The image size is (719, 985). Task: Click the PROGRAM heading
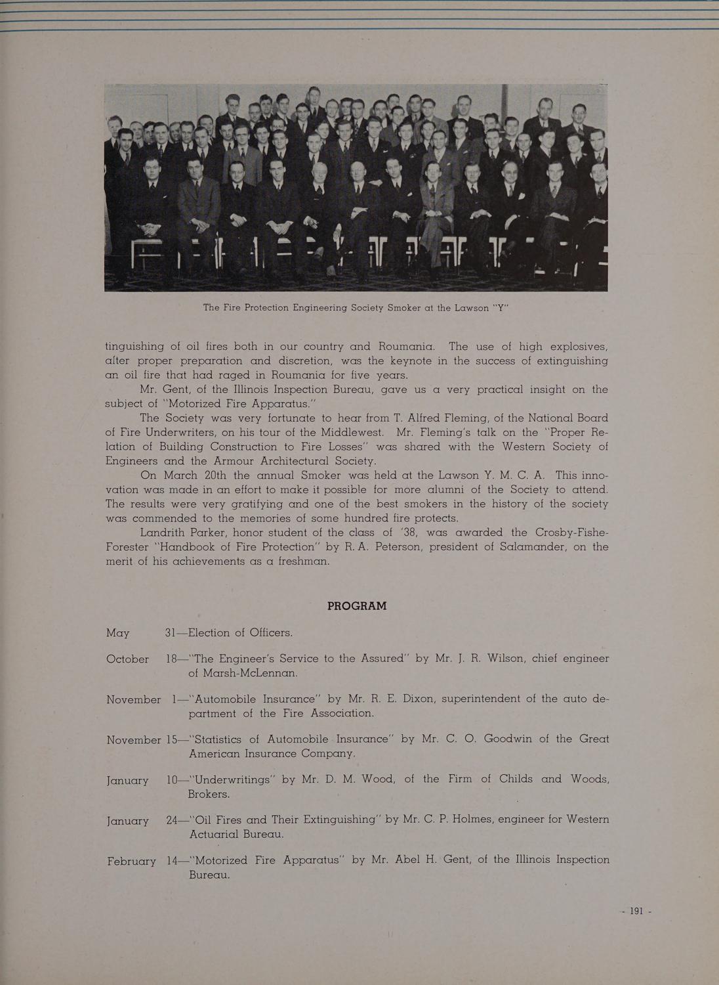coord(357,605)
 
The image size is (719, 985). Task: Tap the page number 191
coord(634,911)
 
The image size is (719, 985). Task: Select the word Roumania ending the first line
coord(402,346)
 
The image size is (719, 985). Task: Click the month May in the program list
coord(118,634)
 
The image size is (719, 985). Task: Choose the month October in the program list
coord(127,659)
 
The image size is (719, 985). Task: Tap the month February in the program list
coord(131,861)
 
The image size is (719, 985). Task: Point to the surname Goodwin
coord(508,739)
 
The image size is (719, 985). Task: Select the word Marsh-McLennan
coord(243,673)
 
